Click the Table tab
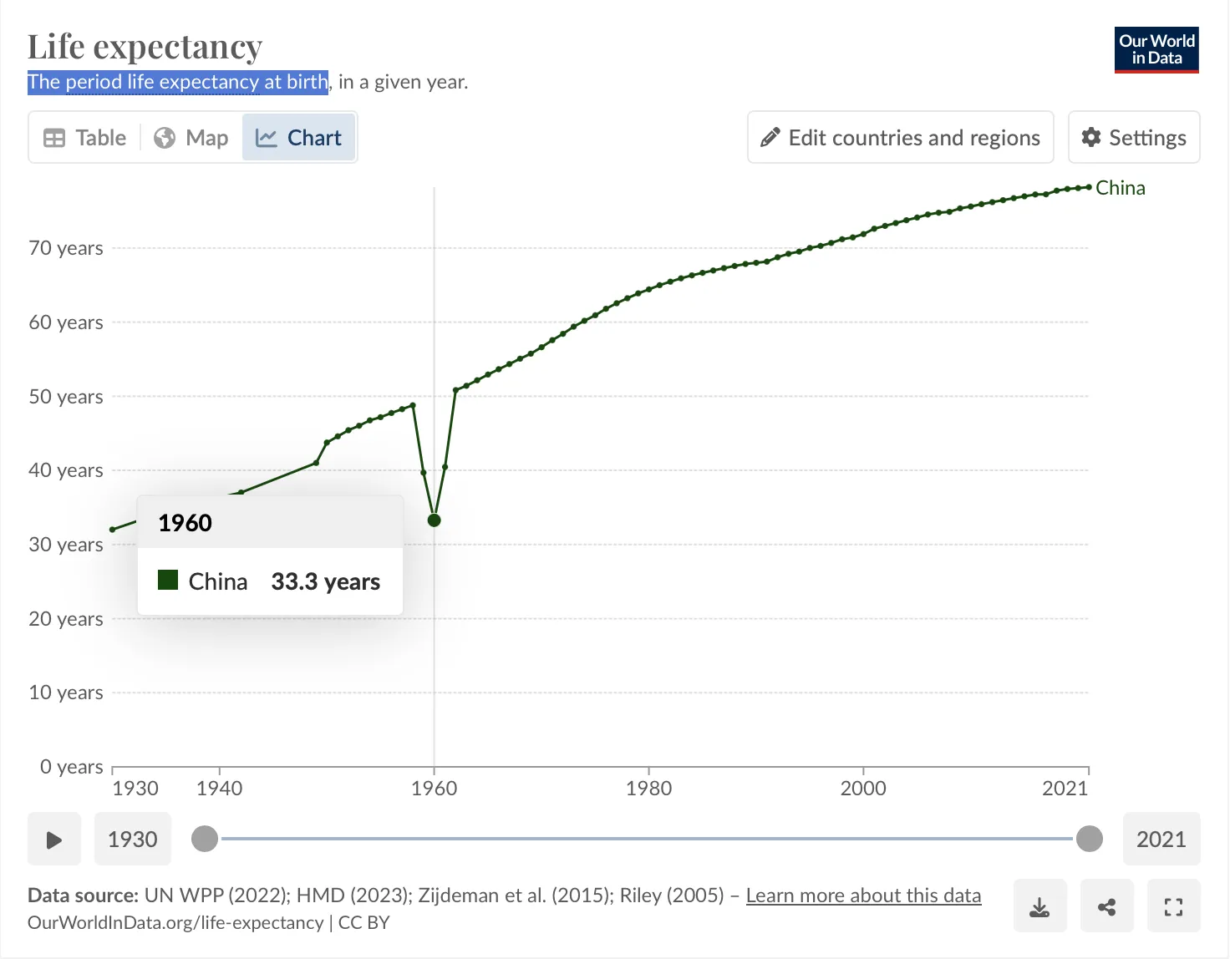tap(84, 138)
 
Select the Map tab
tap(191, 138)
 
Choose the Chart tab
tap(299, 138)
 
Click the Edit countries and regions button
tap(900, 138)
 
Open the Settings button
tap(1133, 138)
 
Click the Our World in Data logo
tap(1156, 50)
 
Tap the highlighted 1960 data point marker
tap(434, 520)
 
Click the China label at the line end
tap(1120, 188)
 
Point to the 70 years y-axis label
tap(66, 248)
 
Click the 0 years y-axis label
tap(72, 767)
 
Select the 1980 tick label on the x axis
tap(648, 788)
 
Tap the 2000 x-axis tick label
tap(863, 788)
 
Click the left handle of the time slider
tap(205, 839)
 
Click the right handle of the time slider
tap(1089, 839)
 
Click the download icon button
tap(1039, 906)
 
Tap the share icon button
tap(1106, 906)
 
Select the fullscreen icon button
tap(1173, 906)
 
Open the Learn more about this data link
tap(863, 896)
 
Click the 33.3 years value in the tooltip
tap(325, 581)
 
